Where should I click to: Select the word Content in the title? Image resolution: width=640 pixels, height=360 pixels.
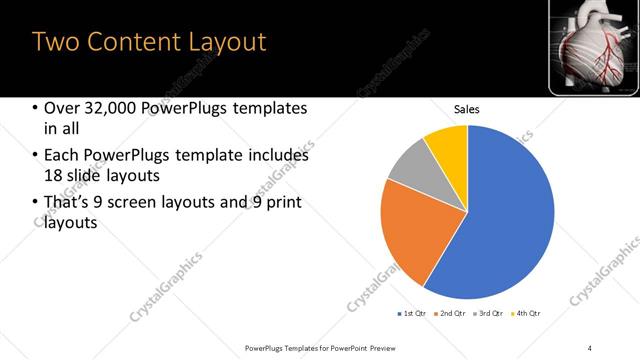129,42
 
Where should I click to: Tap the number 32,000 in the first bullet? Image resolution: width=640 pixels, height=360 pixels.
108,109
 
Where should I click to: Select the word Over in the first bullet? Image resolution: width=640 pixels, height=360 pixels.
62,109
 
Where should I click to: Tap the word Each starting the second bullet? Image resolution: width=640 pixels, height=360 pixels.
63,156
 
